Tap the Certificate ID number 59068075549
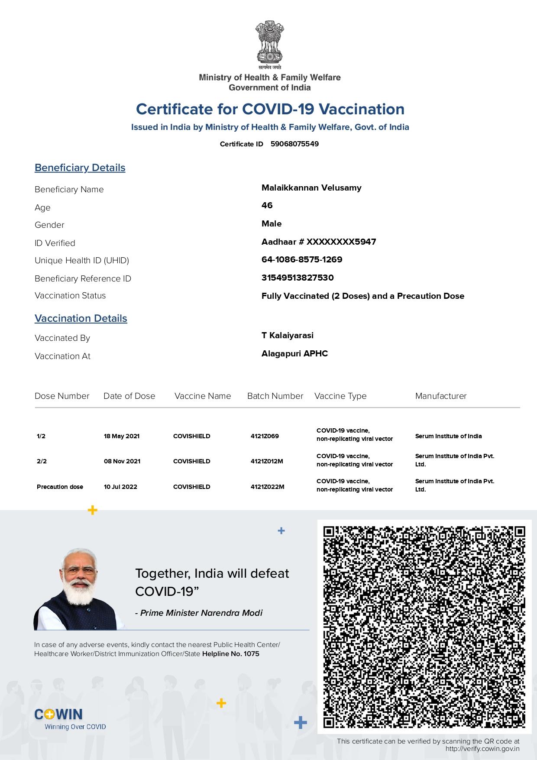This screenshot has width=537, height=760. [x=294, y=144]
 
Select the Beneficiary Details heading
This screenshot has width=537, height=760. [x=80, y=168]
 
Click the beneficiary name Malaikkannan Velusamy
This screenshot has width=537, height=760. [x=311, y=188]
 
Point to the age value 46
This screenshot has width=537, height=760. [x=267, y=206]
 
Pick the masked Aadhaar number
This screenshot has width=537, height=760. [x=319, y=242]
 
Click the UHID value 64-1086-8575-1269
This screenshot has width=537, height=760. [x=302, y=260]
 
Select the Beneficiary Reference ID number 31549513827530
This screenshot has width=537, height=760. [x=298, y=278]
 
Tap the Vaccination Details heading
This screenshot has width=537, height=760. [x=81, y=319]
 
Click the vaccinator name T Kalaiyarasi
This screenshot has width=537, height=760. [x=288, y=336]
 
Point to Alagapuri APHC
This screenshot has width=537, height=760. [x=294, y=354]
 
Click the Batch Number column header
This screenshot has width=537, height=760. [x=275, y=396]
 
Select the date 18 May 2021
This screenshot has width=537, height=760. [x=122, y=437]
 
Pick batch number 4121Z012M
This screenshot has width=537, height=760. [x=267, y=462]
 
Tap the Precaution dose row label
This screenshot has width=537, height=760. [x=60, y=487]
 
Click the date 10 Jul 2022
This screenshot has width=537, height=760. [x=120, y=487]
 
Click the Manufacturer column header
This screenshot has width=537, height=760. [x=441, y=396]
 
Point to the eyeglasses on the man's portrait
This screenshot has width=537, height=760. [x=79, y=571]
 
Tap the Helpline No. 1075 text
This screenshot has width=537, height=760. [x=231, y=654]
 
